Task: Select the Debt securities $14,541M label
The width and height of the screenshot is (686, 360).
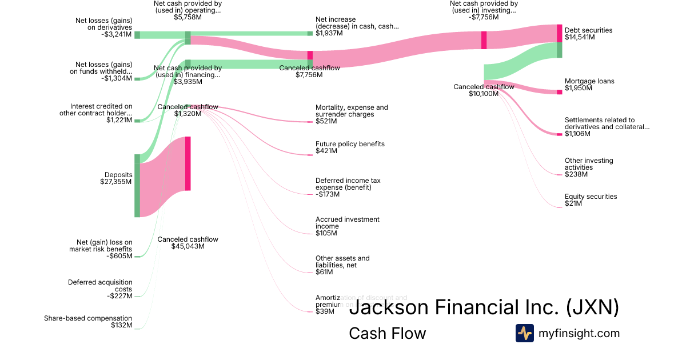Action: [x=588, y=34]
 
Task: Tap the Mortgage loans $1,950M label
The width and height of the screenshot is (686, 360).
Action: [x=589, y=85]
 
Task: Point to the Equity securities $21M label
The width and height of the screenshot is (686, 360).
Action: [x=591, y=200]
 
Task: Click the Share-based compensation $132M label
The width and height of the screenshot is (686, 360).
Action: [x=88, y=322]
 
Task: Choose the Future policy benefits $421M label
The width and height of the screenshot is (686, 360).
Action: [x=350, y=147]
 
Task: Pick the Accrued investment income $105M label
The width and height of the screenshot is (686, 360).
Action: [x=347, y=226]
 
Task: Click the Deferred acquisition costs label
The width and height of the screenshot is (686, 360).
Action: [x=100, y=289]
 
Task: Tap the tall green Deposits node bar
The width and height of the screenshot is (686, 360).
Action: [x=137, y=186]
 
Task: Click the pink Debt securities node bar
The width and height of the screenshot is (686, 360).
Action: [x=560, y=33]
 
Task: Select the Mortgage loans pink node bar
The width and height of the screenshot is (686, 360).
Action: [x=560, y=92]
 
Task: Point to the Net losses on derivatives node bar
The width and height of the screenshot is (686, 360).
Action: [x=137, y=35]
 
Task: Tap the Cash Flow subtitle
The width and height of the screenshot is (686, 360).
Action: [x=387, y=333]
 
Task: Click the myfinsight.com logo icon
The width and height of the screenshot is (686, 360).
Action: [x=524, y=333]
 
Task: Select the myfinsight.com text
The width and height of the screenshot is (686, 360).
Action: [x=579, y=333]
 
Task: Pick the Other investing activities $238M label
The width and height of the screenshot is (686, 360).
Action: [x=589, y=167]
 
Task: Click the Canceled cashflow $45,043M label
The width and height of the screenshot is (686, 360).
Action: [x=188, y=243]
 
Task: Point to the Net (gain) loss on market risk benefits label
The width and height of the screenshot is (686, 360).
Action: [x=101, y=249]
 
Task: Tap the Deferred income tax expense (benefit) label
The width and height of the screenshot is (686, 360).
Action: [x=348, y=187]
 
